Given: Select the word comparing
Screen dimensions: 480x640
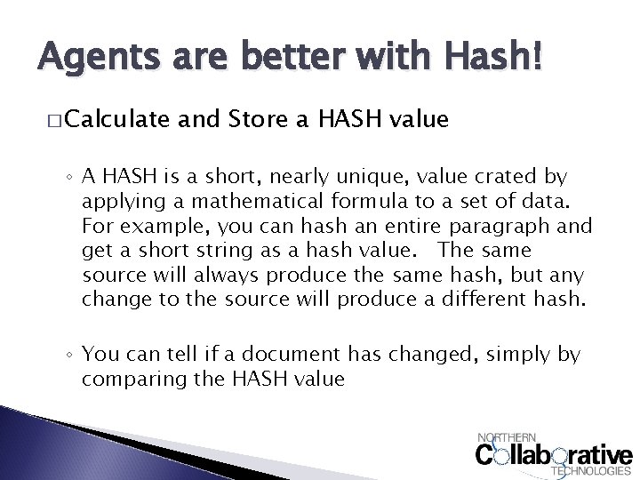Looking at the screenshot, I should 130,380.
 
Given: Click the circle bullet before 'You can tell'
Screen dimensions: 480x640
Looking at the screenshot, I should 70,356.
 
